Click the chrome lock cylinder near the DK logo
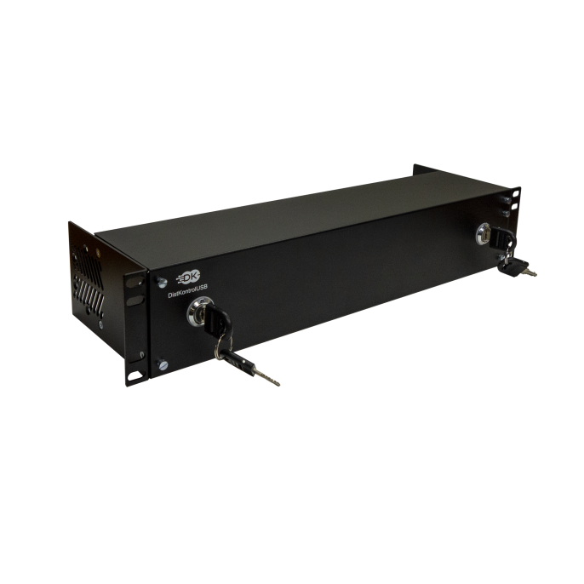coord(201,312)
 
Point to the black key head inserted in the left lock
coord(219,320)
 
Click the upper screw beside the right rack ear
coord(504,198)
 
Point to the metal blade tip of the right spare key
coord(534,274)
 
